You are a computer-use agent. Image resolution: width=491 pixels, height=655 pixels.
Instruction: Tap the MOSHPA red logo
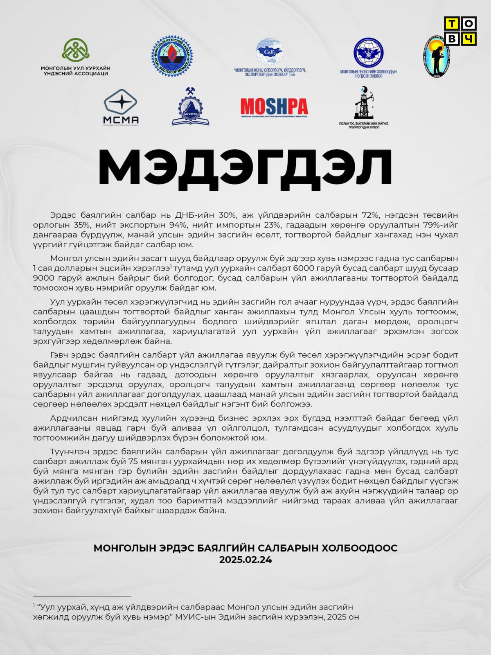pyautogui.click(x=274, y=107)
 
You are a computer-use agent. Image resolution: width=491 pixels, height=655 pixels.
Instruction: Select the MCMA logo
pyautogui.click(x=121, y=107)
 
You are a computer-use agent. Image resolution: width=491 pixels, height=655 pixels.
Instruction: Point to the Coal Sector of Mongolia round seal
pyautogui.click(x=172, y=56)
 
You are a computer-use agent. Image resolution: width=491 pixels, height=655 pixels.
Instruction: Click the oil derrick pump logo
pyautogui.click(x=363, y=103)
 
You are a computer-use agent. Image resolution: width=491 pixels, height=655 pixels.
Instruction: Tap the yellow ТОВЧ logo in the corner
pyautogui.click(x=460, y=31)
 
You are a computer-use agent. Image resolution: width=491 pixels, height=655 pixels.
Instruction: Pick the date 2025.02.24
pyautogui.click(x=245, y=560)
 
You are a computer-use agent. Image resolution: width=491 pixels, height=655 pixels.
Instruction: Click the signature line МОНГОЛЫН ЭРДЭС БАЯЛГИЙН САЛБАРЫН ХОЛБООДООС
pyautogui.click(x=245, y=548)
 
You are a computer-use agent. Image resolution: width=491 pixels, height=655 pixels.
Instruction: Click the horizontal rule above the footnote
pyautogui.click(x=82, y=596)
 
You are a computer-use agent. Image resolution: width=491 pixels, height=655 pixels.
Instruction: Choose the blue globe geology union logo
pyautogui.click(x=368, y=53)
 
